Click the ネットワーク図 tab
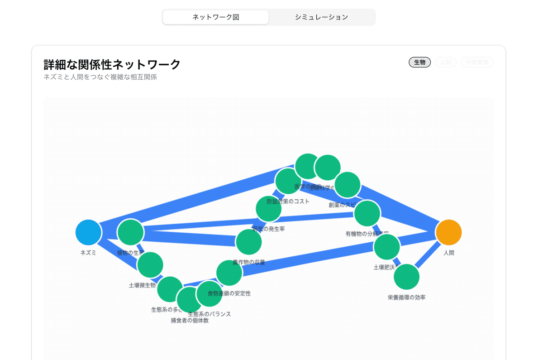tap(215, 17)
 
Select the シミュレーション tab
tap(321, 17)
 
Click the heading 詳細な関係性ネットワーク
tap(112, 64)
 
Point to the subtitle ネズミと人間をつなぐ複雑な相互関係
tap(100, 77)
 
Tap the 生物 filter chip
tap(419, 62)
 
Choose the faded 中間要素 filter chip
tap(477, 62)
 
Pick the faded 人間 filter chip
tap(445, 62)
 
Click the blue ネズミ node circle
tap(89, 232)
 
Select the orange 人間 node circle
tap(448, 232)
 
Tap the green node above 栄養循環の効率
tap(406, 277)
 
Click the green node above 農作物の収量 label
tap(248, 242)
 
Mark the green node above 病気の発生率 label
tap(268, 209)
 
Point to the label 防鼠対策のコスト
tap(288, 201)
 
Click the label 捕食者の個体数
tap(190, 321)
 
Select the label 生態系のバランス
tap(210, 314)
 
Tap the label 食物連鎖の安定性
tap(229, 293)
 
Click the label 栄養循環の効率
tap(406, 298)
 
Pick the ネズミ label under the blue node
tap(89, 253)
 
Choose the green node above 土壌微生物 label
tap(150, 265)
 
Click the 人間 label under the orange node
tap(448, 253)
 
